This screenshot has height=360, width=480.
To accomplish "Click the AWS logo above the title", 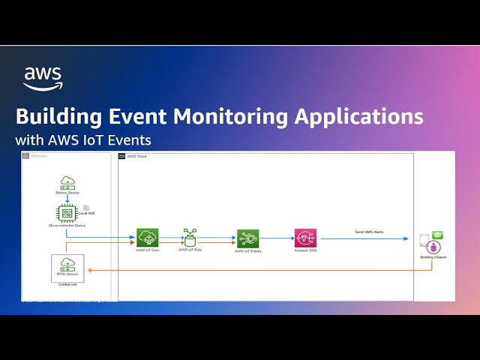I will [x=43, y=78].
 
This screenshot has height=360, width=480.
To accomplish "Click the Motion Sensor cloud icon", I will [x=67, y=182].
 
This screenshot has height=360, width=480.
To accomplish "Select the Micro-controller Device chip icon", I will [x=67, y=213].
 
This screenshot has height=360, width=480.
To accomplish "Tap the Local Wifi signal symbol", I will [x=86, y=208].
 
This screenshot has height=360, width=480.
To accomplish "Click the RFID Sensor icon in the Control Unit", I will [x=67, y=264].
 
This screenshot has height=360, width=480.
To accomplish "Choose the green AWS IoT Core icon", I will [x=147, y=238].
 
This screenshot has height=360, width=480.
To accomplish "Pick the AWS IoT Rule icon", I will [x=190, y=238].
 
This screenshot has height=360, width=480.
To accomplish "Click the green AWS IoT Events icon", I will [x=247, y=239].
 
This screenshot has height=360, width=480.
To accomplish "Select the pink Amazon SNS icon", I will [x=305, y=239].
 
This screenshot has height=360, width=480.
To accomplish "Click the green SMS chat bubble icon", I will [x=438, y=235].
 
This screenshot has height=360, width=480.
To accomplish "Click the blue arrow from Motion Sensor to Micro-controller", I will [x=67, y=198].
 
